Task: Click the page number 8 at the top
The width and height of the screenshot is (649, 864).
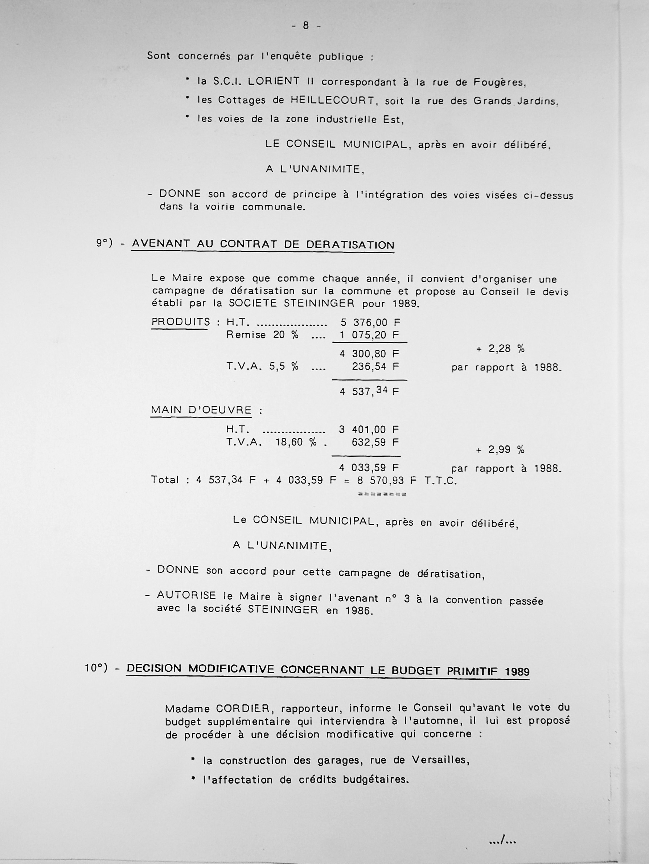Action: pos(306,26)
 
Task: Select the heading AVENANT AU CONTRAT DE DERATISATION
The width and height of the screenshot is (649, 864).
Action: pos(263,244)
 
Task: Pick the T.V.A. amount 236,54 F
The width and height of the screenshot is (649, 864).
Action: pos(375,367)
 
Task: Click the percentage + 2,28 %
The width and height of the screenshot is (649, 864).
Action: pos(500,349)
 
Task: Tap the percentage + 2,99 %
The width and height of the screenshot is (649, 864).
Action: pos(500,449)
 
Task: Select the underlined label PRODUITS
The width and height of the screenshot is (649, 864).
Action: pos(181,322)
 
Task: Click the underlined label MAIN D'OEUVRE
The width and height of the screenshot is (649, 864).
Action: pos(201,410)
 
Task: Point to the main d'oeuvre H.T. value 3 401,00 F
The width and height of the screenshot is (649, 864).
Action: pos(369,430)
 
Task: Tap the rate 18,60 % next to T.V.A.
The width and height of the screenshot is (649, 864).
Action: pos(296,443)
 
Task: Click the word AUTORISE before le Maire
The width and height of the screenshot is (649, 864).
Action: pos(186,596)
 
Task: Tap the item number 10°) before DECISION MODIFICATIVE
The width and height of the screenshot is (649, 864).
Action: pos(96,668)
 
